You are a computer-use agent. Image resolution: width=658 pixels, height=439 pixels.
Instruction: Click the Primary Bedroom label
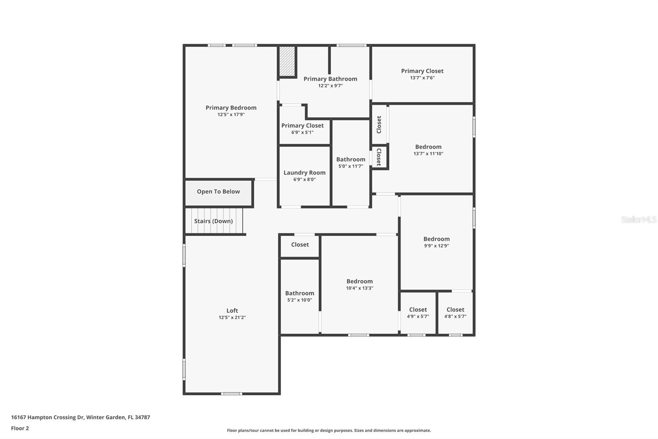point(231,108)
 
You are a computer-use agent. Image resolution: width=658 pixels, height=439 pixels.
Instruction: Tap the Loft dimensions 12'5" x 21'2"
point(232,318)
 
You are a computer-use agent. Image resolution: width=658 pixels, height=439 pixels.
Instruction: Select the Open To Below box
point(218,192)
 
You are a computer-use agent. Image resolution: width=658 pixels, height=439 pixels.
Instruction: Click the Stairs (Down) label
point(213,221)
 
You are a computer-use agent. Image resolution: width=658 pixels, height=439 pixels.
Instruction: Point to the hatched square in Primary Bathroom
point(287,61)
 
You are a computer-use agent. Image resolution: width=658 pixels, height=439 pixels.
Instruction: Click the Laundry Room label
point(304,173)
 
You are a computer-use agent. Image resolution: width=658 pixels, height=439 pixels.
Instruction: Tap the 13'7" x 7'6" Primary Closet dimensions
point(422,78)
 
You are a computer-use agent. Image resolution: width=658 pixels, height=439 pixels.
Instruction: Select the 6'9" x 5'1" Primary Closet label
point(302,126)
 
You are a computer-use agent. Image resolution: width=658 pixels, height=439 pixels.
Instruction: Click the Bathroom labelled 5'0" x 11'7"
point(350,159)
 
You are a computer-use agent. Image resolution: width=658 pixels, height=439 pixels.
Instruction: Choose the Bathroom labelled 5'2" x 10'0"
point(299,293)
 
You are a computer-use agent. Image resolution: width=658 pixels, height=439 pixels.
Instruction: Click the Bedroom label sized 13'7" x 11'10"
point(428,147)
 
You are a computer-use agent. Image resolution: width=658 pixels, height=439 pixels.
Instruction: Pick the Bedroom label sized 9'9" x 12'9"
point(436,239)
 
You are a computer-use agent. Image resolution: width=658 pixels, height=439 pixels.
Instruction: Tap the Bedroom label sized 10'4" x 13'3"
point(359,281)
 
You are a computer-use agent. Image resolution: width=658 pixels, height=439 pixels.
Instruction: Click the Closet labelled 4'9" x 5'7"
point(418,310)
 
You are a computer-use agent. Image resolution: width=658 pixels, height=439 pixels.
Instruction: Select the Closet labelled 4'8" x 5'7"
point(455,310)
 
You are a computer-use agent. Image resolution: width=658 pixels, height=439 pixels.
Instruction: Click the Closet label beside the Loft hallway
point(300,245)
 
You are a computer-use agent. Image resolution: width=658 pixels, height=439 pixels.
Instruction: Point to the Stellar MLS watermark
point(638,220)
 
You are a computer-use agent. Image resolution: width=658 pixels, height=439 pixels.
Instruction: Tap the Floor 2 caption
point(20,428)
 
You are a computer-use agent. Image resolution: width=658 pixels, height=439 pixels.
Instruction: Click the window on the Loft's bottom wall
point(232,394)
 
